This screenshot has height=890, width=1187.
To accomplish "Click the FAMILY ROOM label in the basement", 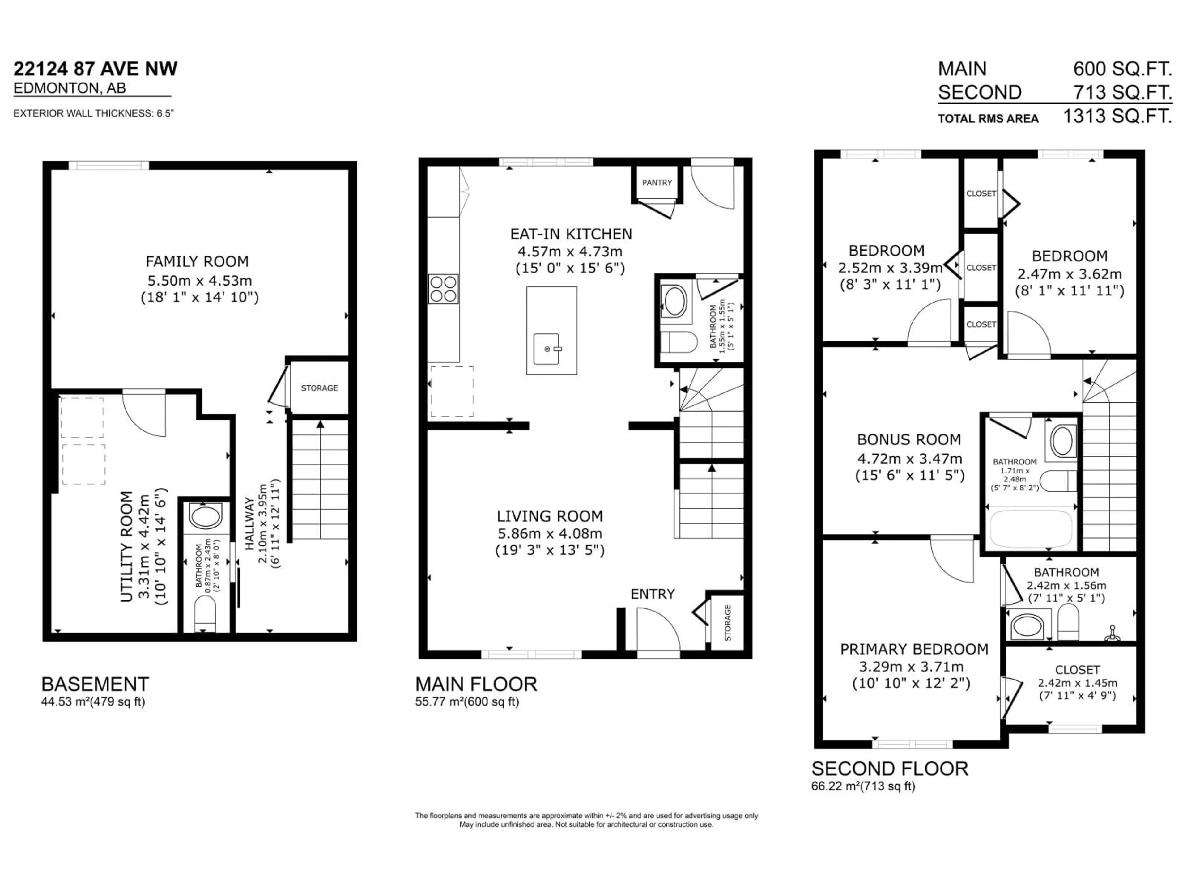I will point(197,262).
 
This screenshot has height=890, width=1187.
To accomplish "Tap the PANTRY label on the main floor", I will point(657,182).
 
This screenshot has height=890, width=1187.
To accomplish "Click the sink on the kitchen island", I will point(547,349).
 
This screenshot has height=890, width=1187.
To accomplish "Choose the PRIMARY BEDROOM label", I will point(914,649).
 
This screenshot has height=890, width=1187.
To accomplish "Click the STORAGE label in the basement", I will point(319,388).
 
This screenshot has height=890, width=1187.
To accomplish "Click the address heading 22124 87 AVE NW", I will point(96,69).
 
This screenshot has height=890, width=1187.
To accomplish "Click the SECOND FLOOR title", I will point(890,769).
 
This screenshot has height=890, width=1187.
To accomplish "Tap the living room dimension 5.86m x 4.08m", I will point(550,533).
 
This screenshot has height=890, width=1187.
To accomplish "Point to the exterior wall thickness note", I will point(93,114).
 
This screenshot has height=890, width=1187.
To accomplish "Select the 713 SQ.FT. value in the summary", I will point(1122,92).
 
